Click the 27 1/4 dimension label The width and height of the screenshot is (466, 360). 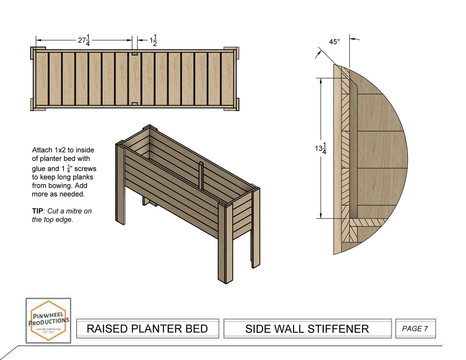click(x=84, y=40)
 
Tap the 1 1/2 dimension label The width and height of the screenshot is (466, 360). click(x=153, y=40)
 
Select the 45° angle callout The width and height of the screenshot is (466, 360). click(x=334, y=42)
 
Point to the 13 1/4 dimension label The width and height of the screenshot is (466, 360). click(x=321, y=148)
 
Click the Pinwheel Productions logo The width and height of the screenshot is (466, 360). click(x=48, y=320)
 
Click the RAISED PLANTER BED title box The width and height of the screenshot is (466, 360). click(x=147, y=329)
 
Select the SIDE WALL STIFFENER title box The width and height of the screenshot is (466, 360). click(x=307, y=329)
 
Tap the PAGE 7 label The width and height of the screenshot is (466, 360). click(x=415, y=329)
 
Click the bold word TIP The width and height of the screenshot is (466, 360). click(x=37, y=211)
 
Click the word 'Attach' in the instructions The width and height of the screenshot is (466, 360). click(x=42, y=150)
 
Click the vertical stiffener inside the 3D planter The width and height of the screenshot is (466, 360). click(x=201, y=176)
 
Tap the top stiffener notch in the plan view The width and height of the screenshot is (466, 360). click(x=135, y=53)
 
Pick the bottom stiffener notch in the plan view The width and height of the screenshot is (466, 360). click(x=135, y=104)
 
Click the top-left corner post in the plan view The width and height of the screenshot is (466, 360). click(x=34, y=53)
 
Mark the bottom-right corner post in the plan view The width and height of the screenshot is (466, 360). click(x=235, y=105)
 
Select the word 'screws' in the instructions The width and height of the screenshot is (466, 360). click(x=85, y=169)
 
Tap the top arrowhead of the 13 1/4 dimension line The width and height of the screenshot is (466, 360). click(x=321, y=81)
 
